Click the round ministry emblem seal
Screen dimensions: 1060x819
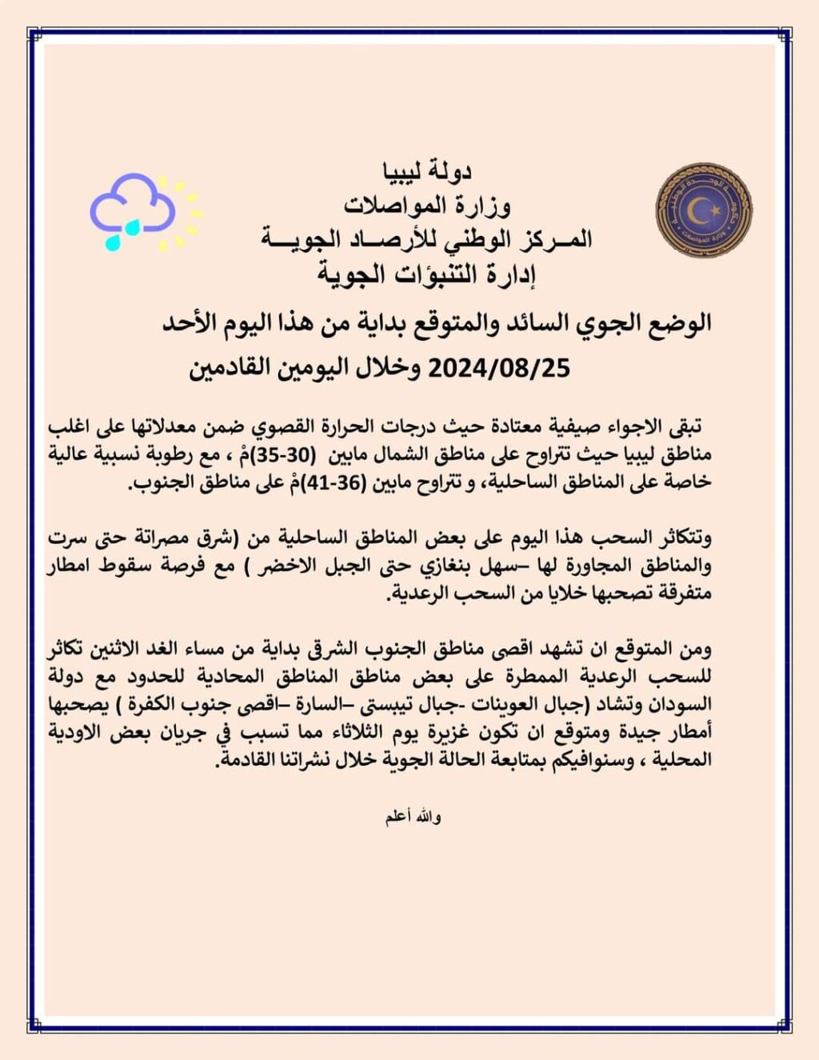click(x=703, y=210)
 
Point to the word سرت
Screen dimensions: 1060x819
click(x=68, y=538)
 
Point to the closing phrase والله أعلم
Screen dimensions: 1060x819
click(x=413, y=817)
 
